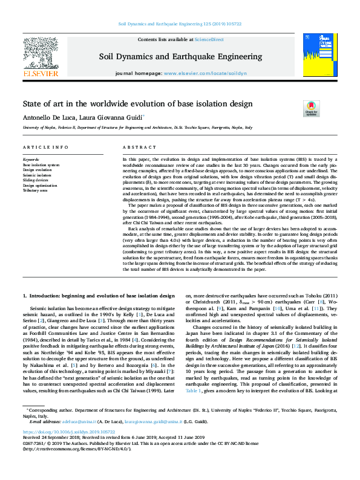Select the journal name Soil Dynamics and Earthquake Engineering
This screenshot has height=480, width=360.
180,57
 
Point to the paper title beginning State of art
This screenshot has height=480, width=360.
138,104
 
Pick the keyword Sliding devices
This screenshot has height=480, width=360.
36,180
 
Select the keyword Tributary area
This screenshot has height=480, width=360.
34,191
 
